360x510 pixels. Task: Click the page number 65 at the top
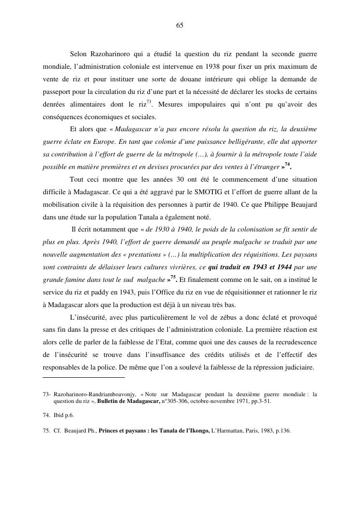point(180,26)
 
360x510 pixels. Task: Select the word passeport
point(58,91)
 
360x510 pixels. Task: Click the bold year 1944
point(281,267)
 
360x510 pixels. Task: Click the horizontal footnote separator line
point(84,377)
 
